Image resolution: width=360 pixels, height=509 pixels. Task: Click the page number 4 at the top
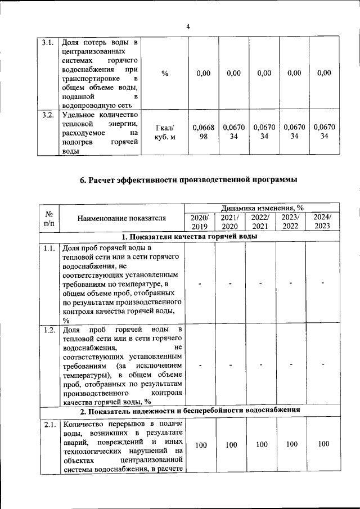(188, 26)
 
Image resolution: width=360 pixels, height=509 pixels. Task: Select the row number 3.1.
(48, 43)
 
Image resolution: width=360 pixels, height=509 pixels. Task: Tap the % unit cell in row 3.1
(165, 74)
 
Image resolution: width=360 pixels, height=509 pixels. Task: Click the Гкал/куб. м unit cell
(165, 132)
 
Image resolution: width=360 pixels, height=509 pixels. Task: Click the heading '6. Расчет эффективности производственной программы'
(188, 180)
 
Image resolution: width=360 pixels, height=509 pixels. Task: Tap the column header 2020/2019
(200, 222)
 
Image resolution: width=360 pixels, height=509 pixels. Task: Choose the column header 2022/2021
(260, 222)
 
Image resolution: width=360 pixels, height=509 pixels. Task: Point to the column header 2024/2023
(322, 222)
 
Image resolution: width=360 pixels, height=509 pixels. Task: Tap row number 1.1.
(48, 247)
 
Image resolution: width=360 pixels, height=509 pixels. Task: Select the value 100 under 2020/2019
(200, 445)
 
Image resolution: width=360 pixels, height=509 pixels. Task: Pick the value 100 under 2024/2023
(322, 444)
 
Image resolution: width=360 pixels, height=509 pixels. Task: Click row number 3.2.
(48, 116)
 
